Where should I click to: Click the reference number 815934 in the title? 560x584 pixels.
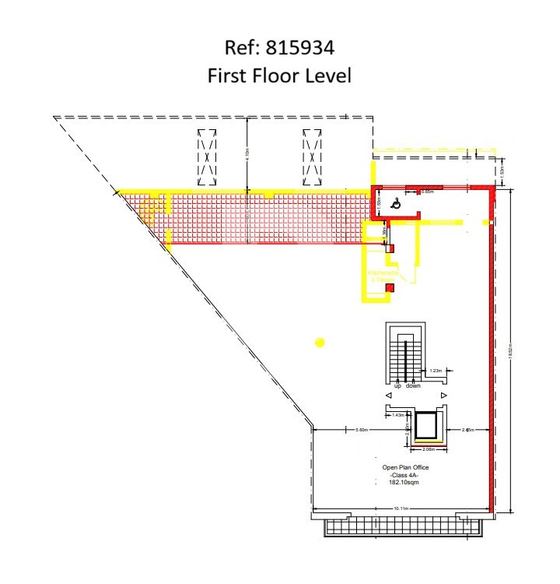pos(301,49)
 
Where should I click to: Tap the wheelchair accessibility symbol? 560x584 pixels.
pos(395,204)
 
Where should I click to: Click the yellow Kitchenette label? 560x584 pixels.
pos(383,273)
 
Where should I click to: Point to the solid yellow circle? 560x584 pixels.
pos(319,342)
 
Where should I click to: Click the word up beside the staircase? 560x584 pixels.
pos(397,386)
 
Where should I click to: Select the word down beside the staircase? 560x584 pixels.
pos(413,386)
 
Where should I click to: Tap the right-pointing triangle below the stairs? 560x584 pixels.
pos(443,396)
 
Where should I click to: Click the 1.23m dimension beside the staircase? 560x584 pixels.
pos(436,371)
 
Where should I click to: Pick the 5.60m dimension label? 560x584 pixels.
pos(362,430)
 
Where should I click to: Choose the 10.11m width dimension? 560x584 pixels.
pos(401,508)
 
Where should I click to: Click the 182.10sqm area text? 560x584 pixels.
pos(405,483)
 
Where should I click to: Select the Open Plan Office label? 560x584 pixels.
pos(405,467)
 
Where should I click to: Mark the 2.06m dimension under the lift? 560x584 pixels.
pos(429,449)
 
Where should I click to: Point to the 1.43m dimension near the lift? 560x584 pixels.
pos(398,416)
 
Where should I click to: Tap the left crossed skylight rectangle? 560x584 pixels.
pos(207,156)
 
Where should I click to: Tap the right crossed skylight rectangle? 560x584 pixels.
pos(312,156)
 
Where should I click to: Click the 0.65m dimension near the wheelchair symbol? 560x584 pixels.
pos(427,192)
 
